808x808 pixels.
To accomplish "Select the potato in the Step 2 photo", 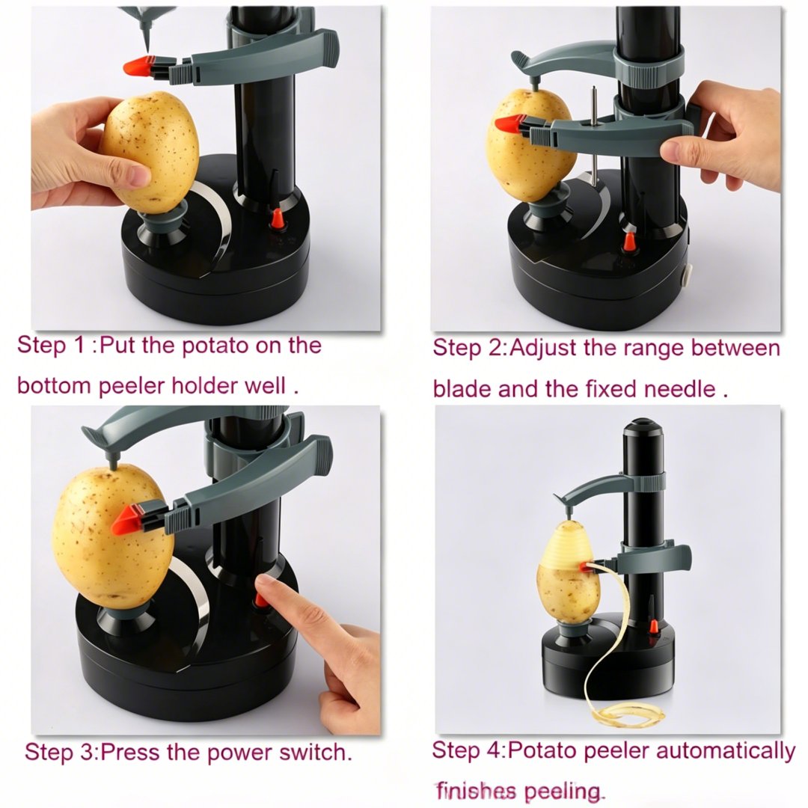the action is coord(530,144).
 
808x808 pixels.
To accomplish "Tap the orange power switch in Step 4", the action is coord(653,626).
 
